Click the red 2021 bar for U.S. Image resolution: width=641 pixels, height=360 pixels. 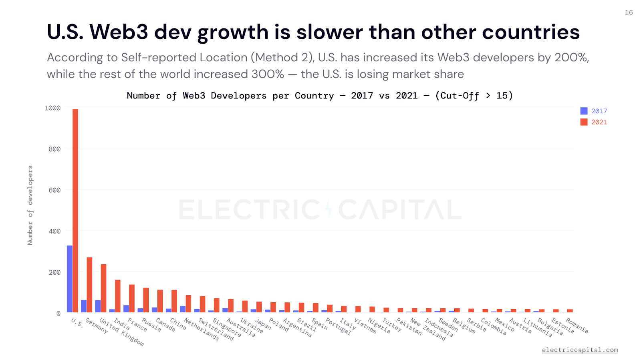75,211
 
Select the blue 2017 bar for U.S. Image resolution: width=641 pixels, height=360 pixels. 70,279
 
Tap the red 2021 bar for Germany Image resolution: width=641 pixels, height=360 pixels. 89,285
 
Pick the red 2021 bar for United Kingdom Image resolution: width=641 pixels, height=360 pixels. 104,288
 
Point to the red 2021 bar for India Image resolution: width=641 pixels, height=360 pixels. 118,296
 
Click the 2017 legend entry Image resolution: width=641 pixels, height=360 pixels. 594,111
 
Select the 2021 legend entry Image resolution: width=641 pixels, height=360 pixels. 594,122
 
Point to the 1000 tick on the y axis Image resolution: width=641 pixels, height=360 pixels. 52,108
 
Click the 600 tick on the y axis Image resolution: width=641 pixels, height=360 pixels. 54,190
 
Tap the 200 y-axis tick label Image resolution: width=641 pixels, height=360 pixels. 54,272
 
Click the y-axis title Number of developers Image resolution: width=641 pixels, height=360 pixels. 30,205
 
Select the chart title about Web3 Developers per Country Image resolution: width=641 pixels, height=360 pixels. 320,96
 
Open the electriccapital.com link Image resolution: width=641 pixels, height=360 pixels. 580,350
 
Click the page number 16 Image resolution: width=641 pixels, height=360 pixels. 629,12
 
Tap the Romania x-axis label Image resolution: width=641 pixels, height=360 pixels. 577,326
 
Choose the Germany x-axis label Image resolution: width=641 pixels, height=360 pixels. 97,326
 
